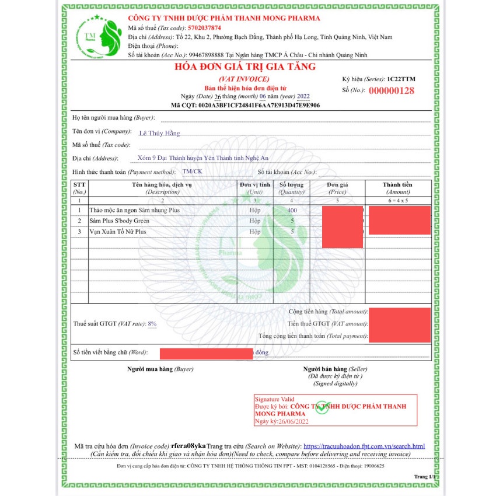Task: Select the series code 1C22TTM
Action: point(401,79)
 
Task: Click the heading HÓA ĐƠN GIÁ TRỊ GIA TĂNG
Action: point(245,67)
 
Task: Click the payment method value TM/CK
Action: point(192,172)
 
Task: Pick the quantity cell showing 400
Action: point(292,210)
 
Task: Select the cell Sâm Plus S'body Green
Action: point(119,221)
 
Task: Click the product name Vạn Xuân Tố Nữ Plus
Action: point(117,232)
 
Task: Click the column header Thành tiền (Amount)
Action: point(398,188)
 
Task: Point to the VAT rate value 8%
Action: point(152,323)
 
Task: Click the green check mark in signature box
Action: point(322,407)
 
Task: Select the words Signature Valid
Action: point(274,399)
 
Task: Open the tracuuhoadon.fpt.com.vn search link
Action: point(364,446)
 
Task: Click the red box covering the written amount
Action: point(205,352)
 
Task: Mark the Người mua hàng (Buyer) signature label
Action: point(160,369)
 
